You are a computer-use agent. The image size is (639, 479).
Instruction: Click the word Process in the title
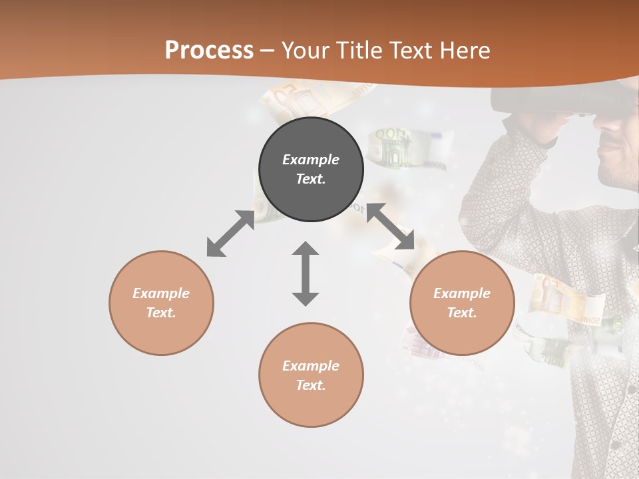pos(209,50)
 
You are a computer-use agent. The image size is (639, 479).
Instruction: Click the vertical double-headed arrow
pos(306,273)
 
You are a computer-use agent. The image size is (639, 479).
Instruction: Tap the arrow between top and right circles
pos(390,226)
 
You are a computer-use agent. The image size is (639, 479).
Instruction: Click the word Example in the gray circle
pos(311,160)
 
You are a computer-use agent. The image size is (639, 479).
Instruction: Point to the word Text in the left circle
pos(161,313)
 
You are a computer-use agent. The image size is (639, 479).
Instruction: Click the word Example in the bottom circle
pos(311,366)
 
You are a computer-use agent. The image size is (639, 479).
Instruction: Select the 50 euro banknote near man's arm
pos(566,299)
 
